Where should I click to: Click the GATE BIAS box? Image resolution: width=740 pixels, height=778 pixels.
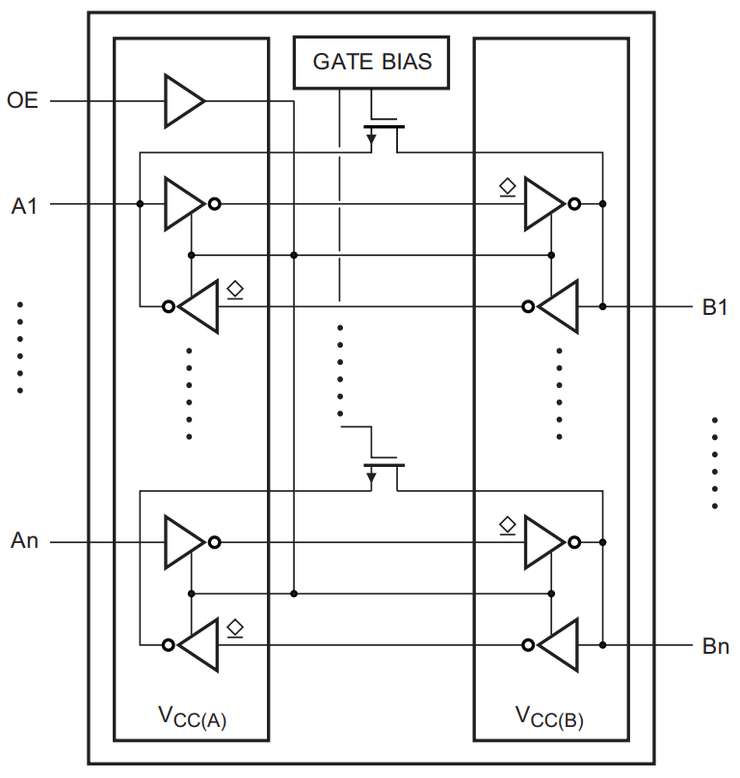[373, 63]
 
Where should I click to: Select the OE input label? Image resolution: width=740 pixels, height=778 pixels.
[23, 100]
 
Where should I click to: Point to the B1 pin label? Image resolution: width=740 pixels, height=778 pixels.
[715, 308]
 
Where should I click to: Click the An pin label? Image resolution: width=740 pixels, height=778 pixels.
[25, 541]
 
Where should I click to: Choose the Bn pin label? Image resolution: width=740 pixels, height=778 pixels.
[715, 646]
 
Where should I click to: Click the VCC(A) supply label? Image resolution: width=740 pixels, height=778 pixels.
[192, 717]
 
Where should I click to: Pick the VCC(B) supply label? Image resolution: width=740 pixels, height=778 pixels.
[550, 717]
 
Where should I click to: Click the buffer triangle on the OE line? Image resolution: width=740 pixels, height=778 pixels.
[183, 100]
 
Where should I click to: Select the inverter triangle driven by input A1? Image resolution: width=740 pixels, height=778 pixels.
[183, 204]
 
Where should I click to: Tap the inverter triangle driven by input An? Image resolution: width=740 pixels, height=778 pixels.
[183, 542]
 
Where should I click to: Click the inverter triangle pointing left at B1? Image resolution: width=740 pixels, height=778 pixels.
[558, 307]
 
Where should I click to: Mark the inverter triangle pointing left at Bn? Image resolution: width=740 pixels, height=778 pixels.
[558, 645]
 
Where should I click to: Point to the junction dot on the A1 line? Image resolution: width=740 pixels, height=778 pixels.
[141, 204]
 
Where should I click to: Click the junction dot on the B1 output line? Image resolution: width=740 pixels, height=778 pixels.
[603, 307]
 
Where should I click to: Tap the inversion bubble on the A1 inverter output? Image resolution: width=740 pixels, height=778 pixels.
[215, 204]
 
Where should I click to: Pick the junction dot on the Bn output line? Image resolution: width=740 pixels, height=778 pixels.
[603, 645]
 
